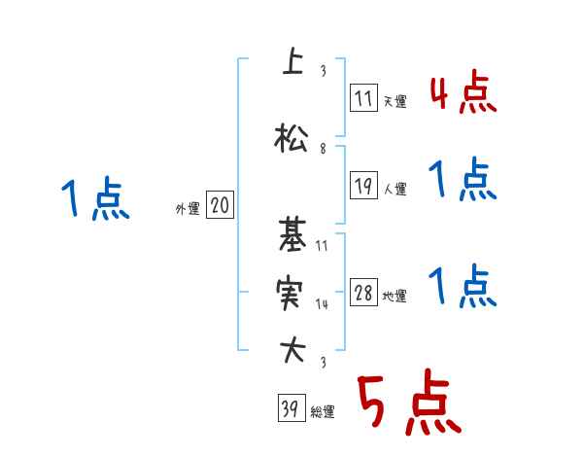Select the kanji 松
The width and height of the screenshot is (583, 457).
point(291,138)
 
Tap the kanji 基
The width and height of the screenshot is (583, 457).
point(291,235)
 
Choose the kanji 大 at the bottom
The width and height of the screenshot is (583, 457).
point(291,351)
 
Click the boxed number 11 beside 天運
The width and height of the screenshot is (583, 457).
point(363,98)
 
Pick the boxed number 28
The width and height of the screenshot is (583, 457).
point(363,295)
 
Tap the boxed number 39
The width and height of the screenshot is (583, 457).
point(289,409)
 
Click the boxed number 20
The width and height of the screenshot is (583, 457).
point(220,205)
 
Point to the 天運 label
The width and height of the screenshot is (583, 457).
point(394,101)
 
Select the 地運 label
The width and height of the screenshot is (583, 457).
point(394,297)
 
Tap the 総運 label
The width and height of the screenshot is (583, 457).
point(322,412)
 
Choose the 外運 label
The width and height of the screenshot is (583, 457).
point(187,207)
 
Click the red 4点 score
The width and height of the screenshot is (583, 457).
point(463,94)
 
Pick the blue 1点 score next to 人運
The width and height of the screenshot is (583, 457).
point(463,181)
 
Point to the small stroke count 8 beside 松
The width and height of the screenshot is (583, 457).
point(322,150)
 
